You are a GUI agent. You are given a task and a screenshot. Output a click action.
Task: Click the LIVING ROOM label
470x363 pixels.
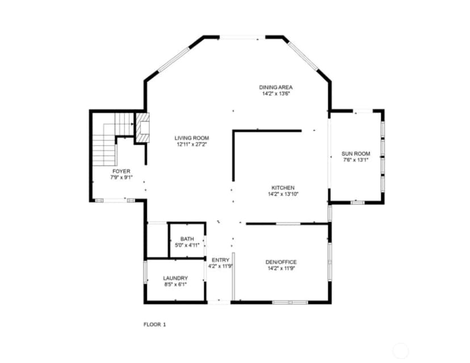[x=192, y=138]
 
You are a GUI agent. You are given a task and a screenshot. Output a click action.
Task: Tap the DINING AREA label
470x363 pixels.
[x=276, y=87]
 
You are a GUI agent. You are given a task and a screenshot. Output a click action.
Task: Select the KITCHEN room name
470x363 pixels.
[x=283, y=188]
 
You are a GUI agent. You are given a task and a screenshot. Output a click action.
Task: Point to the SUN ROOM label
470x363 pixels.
[x=356, y=153]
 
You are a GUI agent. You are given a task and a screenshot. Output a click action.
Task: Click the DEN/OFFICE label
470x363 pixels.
[x=281, y=262]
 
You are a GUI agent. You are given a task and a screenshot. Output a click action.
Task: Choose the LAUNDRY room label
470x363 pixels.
[x=175, y=278]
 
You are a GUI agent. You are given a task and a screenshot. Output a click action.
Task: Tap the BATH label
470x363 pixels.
[x=187, y=239]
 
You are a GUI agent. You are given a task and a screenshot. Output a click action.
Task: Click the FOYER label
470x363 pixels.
[x=121, y=172]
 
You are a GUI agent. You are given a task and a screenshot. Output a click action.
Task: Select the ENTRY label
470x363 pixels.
[x=221, y=260]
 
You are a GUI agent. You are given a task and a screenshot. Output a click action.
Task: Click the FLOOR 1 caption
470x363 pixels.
[x=154, y=324]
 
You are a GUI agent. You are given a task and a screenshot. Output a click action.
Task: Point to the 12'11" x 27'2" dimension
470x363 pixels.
[x=192, y=144]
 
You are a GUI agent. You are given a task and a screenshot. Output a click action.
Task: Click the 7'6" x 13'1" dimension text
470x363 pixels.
[x=356, y=160]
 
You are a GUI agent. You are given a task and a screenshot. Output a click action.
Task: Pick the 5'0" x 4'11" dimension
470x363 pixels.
[x=187, y=245]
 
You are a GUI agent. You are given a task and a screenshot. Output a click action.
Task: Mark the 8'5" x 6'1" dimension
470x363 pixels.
[x=175, y=285]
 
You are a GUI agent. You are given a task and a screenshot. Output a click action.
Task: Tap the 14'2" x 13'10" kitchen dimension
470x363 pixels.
[x=283, y=194]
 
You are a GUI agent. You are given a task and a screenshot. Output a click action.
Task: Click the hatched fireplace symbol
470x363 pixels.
[x=142, y=127]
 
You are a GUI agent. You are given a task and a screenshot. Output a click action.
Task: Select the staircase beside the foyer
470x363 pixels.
[x=113, y=139]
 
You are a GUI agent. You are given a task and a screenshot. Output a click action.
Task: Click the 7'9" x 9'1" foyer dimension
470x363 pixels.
[x=121, y=178]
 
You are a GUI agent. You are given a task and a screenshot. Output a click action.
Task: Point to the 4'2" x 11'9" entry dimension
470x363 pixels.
[x=221, y=266]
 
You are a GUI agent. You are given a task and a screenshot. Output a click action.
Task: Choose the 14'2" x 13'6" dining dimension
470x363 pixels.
[x=276, y=94]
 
